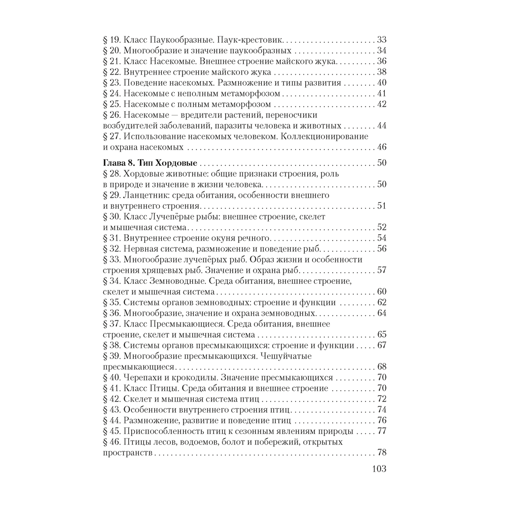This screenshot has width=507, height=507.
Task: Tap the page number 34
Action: (x=381, y=50)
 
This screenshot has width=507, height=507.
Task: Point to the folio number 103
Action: (x=376, y=468)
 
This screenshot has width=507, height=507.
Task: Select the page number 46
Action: (x=381, y=147)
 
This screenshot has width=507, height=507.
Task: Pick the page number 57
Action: (x=381, y=270)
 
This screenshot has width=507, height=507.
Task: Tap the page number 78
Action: (x=381, y=453)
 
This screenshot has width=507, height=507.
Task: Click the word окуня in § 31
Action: (x=220, y=238)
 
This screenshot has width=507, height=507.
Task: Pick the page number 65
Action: (x=381, y=335)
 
